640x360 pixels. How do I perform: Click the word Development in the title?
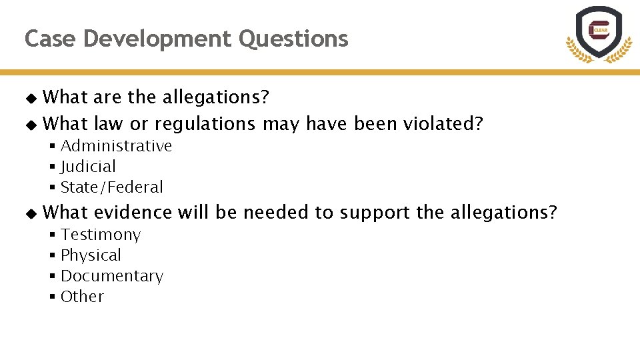click(x=158, y=39)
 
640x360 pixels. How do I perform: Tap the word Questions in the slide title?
click(x=293, y=39)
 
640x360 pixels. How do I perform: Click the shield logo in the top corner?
click(x=599, y=33)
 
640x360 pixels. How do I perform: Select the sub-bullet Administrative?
click(x=116, y=146)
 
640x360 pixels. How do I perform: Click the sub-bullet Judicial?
click(x=88, y=167)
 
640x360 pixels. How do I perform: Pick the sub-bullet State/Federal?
click(x=111, y=187)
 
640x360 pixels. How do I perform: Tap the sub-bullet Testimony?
click(x=101, y=235)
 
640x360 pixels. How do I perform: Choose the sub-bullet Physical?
click(x=91, y=255)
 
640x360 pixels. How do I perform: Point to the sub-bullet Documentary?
click(x=111, y=276)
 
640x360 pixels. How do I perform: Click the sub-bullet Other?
click(x=82, y=297)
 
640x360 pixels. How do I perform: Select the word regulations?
click(x=205, y=125)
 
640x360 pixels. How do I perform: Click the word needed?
click(x=276, y=213)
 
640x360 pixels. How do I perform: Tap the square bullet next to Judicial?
click(x=52, y=167)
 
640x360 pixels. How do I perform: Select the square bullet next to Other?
click(x=52, y=297)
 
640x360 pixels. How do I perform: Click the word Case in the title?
click(x=51, y=39)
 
